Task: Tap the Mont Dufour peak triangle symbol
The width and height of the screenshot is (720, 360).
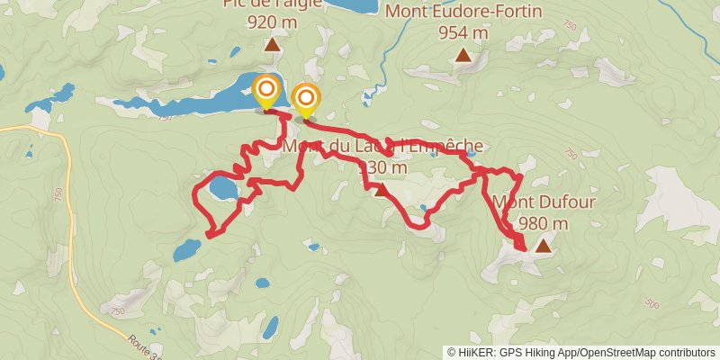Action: coord(543,245)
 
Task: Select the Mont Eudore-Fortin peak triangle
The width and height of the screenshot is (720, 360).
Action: coord(463,56)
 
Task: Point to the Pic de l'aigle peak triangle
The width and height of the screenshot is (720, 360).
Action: coord(271,43)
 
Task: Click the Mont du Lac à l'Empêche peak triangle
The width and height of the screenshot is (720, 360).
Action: coord(382,189)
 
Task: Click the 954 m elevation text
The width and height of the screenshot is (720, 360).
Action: coord(463,32)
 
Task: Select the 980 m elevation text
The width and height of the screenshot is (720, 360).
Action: coord(544,223)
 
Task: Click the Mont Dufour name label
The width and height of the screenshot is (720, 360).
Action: coord(544,202)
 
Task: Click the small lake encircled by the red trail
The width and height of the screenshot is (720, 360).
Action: coord(222,190)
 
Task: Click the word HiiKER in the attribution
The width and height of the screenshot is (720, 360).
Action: coord(474,352)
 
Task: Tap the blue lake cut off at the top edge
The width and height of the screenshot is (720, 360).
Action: coord(351,4)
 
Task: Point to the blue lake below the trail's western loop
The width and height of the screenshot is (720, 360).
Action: coord(187,249)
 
